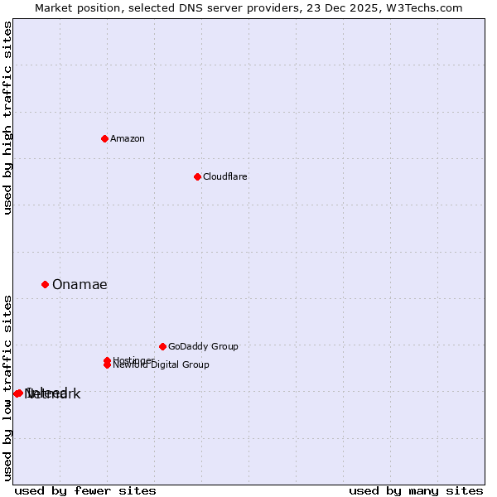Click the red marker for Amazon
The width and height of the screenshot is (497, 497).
104,138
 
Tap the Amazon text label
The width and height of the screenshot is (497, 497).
128,138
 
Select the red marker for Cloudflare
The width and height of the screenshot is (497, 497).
197,176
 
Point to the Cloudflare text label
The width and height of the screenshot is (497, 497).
225,176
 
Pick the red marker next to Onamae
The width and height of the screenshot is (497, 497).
46,284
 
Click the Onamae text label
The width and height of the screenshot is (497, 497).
80,285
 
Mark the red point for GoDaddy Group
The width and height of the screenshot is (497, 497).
162,346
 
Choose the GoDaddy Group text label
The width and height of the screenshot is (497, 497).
203,346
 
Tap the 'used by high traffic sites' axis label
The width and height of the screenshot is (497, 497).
7,118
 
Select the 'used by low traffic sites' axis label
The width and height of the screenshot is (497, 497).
7,387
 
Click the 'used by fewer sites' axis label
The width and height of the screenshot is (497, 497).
85,490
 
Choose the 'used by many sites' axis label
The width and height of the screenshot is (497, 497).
416,490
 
